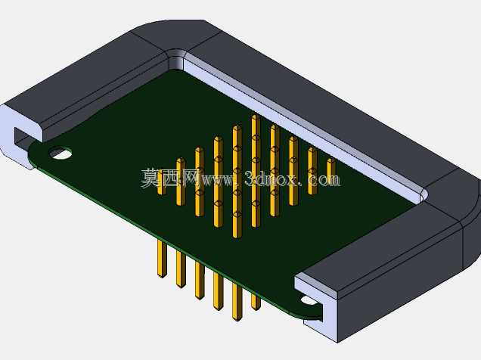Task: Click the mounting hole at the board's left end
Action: (x=61, y=153)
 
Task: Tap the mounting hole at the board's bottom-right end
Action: (x=309, y=300)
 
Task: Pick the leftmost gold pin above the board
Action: (x=162, y=183)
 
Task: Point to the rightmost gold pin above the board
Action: (x=330, y=172)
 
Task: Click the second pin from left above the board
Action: (x=180, y=182)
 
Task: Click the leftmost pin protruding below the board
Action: (x=162, y=259)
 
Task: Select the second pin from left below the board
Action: (x=181, y=269)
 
